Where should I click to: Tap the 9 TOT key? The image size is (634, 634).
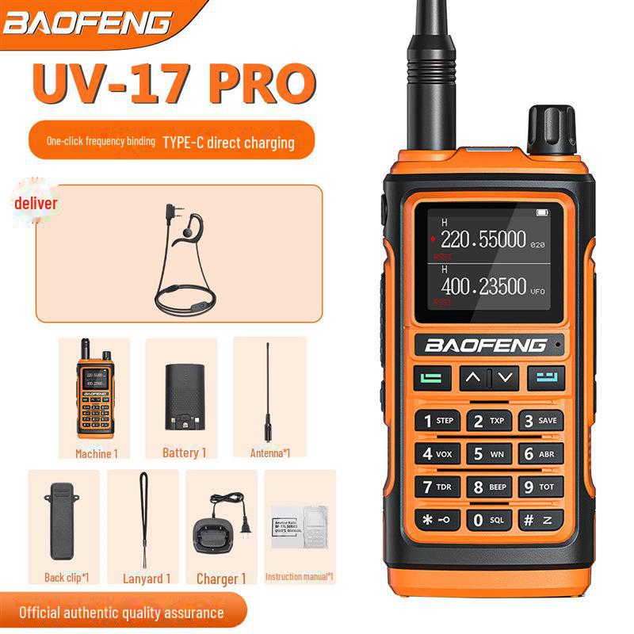[x=541, y=487]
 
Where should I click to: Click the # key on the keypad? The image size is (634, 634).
[x=541, y=521]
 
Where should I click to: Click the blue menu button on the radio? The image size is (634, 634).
[x=547, y=378]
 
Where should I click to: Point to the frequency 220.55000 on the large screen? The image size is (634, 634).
[x=483, y=239]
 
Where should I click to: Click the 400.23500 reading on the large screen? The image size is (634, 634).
[x=483, y=285]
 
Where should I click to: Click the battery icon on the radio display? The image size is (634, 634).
[x=542, y=212]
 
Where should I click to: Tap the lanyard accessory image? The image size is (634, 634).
[x=145, y=519]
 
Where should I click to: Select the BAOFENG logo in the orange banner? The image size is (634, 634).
[x=87, y=23]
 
